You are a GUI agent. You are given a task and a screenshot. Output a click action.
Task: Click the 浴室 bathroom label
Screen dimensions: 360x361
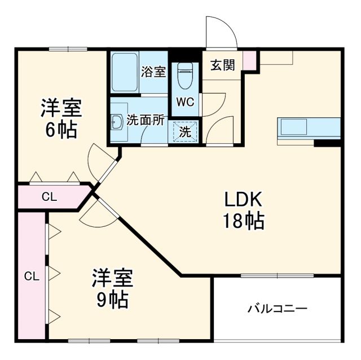tap(153, 72)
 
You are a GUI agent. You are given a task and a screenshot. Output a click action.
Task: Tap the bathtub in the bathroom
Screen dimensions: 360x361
tap(125, 72)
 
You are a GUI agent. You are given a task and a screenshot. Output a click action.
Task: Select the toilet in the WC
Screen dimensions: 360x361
tap(185, 75)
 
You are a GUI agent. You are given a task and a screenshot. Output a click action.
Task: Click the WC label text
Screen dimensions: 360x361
tap(185, 102)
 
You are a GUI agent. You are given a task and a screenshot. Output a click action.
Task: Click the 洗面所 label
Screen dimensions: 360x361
tap(146, 120)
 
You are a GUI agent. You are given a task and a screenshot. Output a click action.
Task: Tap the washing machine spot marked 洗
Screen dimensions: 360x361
tap(185, 131)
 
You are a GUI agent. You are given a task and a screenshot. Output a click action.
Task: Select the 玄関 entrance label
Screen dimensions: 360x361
tap(223, 65)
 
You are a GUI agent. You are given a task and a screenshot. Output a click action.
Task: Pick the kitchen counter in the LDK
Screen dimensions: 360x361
tap(309, 128)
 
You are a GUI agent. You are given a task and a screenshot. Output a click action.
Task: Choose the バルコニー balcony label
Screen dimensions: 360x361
tap(277, 309)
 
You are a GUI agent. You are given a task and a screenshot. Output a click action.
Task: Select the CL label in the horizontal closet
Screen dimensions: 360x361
tap(50, 197)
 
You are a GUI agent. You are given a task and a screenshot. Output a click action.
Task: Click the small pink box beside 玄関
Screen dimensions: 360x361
tap(250, 59)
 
